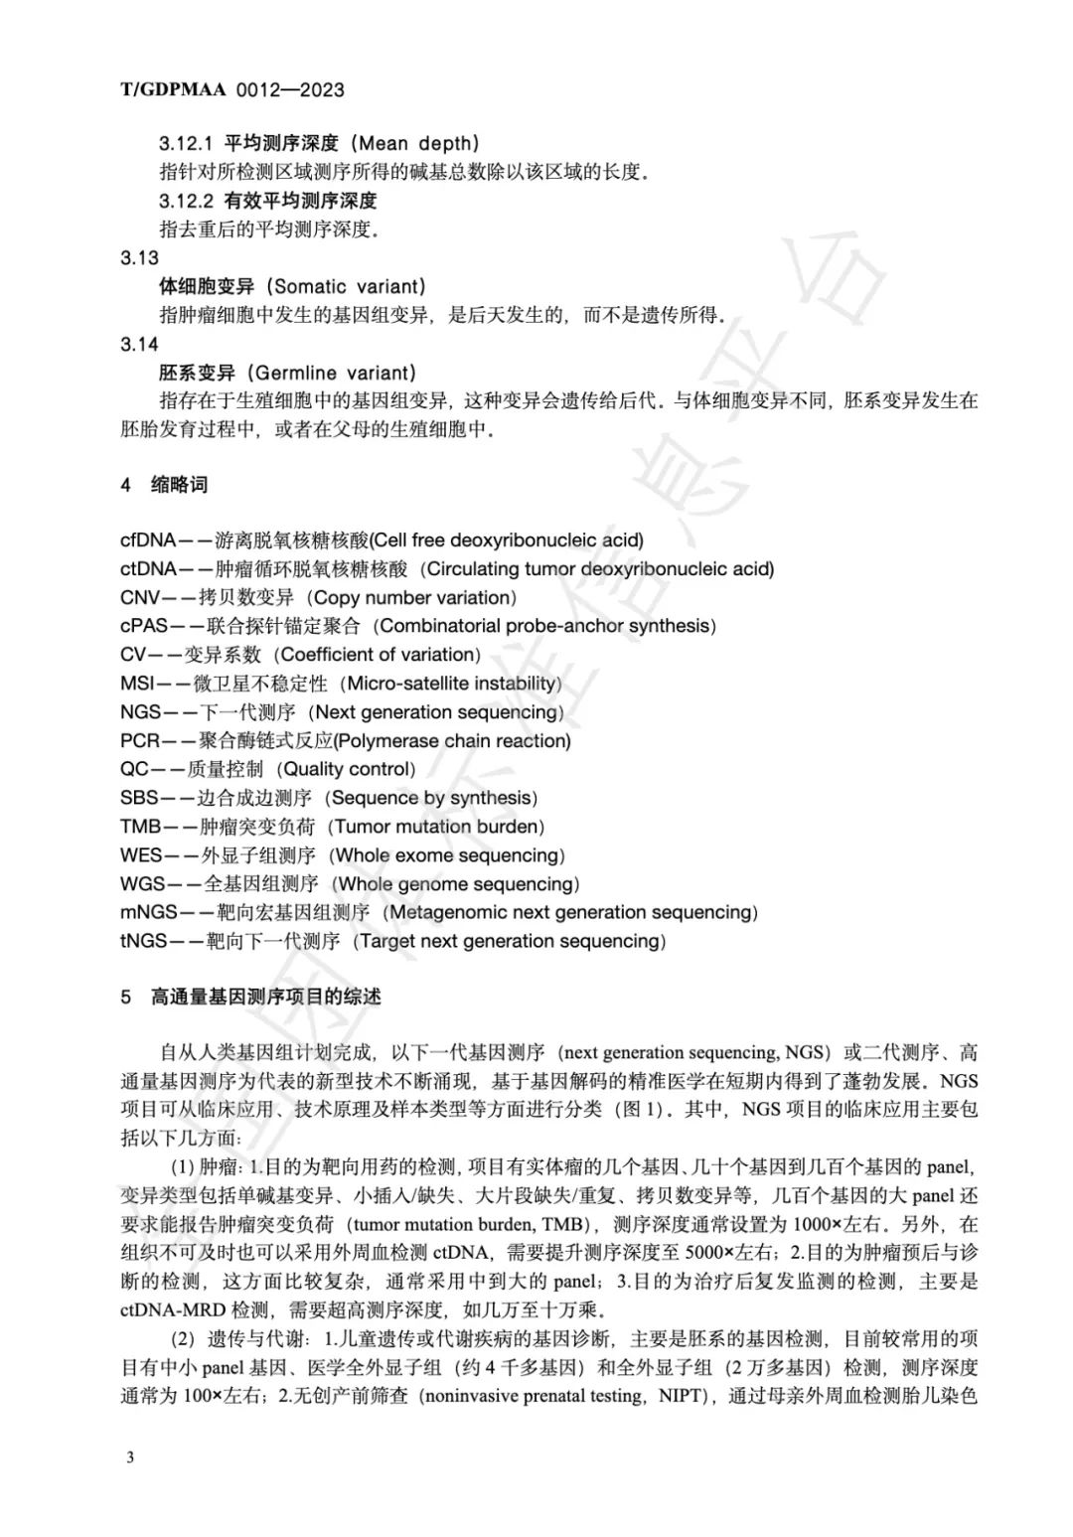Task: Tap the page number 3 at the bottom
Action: tap(130, 1457)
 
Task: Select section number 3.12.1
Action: tap(186, 143)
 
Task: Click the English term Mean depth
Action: tap(418, 143)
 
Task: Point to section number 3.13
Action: tap(139, 258)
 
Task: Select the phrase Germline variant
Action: tap(334, 374)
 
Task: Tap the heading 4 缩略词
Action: tap(164, 485)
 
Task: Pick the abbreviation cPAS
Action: tap(145, 626)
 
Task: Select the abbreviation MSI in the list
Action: tap(137, 684)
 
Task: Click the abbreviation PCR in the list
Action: tap(140, 741)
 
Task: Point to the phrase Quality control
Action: tap(347, 769)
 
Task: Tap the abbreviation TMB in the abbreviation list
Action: tap(140, 827)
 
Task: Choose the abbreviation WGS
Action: tap(142, 884)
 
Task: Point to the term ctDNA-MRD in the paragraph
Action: tap(174, 1309)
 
